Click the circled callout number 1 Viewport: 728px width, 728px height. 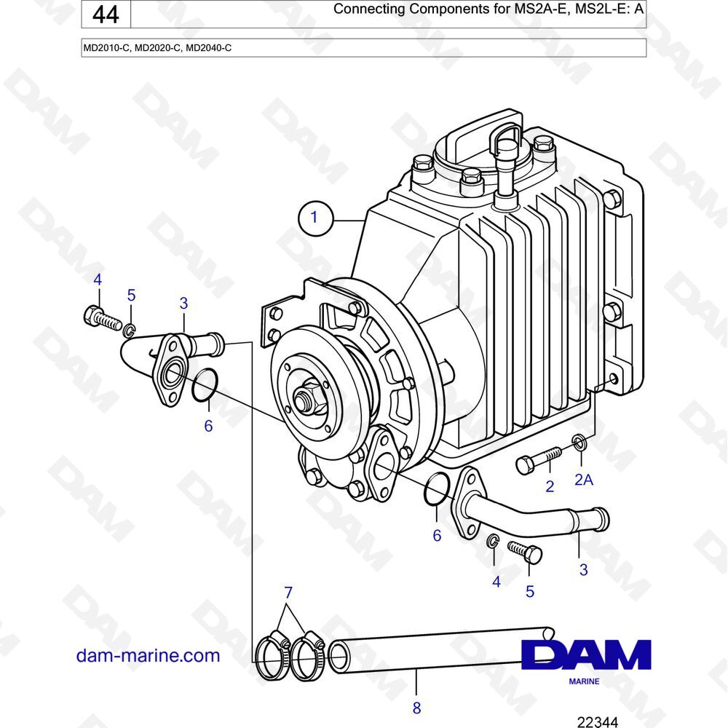pyautogui.click(x=315, y=218)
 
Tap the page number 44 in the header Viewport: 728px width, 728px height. pyautogui.click(x=106, y=15)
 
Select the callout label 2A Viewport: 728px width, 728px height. pyautogui.click(x=584, y=479)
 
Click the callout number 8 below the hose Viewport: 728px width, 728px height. pyautogui.click(x=416, y=708)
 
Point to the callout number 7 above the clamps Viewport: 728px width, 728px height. pyautogui.click(x=288, y=593)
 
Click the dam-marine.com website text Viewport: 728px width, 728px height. pyautogui.click(x=148, y=656)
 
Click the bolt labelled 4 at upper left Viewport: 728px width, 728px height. pyautogui.click(x=103, y=318)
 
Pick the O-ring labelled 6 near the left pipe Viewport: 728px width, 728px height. pyautogui.click(x=205, y=384)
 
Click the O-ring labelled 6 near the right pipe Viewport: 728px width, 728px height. pyautogui.click(x=437, y=489)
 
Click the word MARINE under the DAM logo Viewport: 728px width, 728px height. pyautogui.click(x=584, y=681)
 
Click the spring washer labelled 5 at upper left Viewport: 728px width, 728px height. pyautogui.click(x=130, y=330)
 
